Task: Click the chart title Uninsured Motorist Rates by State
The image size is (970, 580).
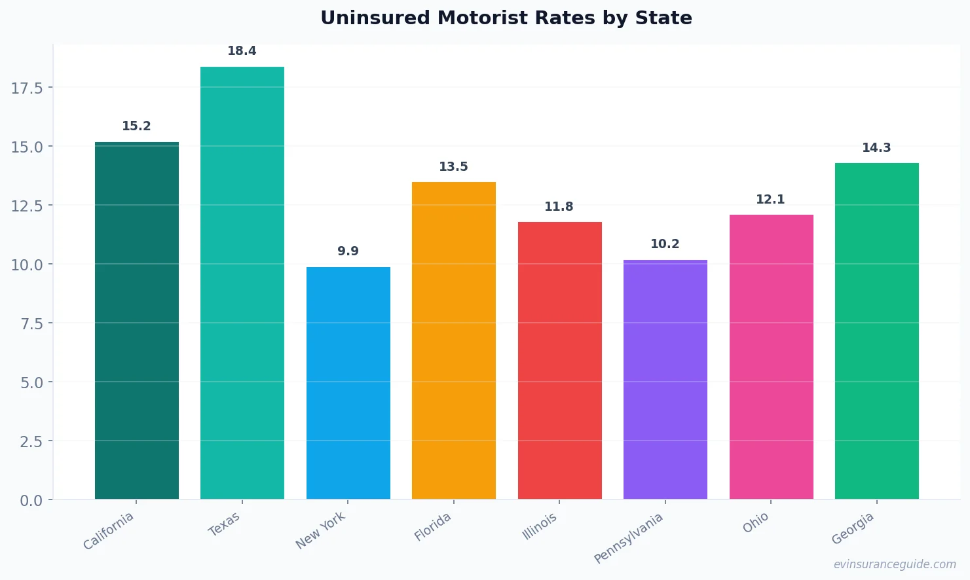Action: coord(506,18)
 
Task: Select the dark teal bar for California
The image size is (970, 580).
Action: coord(136,321)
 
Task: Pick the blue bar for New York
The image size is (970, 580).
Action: coord(348,383)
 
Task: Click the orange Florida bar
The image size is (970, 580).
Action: coord(453,340)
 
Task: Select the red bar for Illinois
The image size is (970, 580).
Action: coord(559,360)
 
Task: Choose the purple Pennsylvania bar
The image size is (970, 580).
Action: coord(665,380)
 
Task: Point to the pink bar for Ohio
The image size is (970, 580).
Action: coord(771,357)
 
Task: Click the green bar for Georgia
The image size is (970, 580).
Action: coord(876,331)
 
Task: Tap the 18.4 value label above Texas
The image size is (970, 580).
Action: coord(242,51)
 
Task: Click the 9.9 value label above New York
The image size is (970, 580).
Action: coord(348,251)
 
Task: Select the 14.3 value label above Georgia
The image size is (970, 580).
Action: coord(876,148)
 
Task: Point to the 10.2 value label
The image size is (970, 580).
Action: coord(665,244)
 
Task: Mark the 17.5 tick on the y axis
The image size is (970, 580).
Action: coord(27,88)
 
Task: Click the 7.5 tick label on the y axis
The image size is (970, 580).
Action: coord(31,323)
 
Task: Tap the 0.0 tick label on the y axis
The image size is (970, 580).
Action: coord(31,500)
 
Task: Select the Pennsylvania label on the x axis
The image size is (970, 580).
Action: coord(629,537)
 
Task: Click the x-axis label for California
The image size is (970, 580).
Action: coord(109,530)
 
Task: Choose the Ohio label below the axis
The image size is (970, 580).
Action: coord(756,522)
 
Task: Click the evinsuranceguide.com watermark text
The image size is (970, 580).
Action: coord(894,564)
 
